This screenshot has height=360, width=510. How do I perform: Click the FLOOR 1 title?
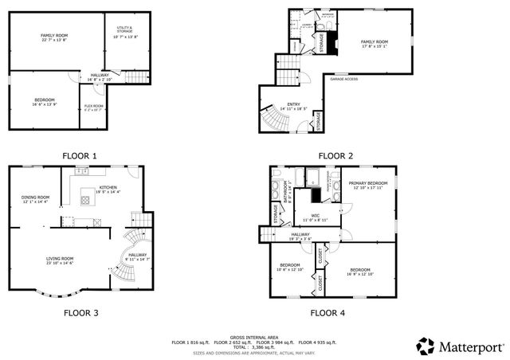pyautogui.click(x=77, y=155)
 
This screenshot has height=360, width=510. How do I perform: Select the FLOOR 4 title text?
pyautogui.click(x=328, y=313)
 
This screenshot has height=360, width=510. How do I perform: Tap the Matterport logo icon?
pyautogui.click(x=426, y=346)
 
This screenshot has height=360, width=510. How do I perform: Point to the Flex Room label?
pyautogui.click(x=94, y=108)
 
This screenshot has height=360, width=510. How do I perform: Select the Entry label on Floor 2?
pyautogui.click(x=293, y=104)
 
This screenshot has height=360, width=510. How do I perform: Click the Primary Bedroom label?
pyautogui.click(x=366, y=185)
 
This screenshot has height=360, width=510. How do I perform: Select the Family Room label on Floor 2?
pyautogui.click(x=374, y=43)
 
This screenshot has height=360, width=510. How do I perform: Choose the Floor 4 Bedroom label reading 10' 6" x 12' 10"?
pyautogui.click(x=290, y=267)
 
